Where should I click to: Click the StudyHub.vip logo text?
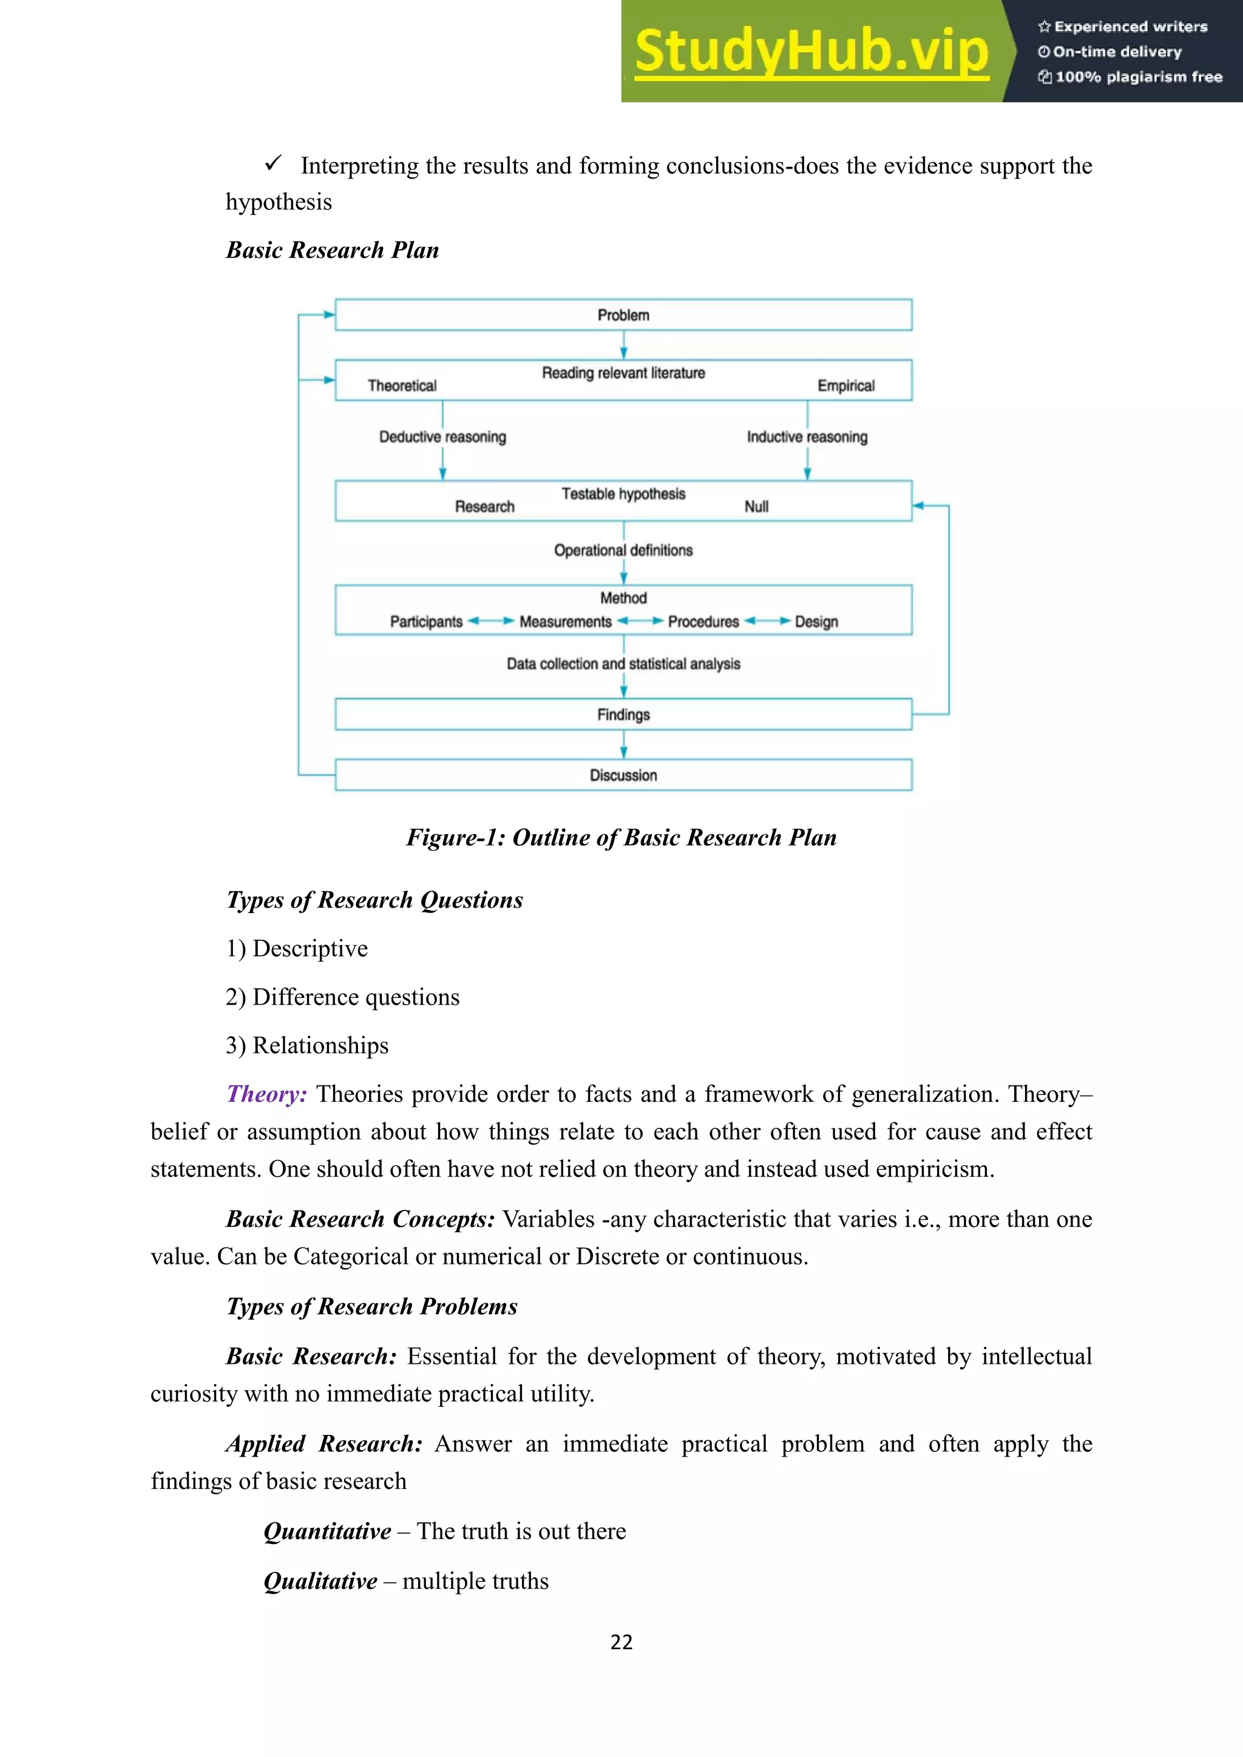[811, 52]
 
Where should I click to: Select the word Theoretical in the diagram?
[402, 386]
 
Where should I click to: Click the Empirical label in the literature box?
[845, 386]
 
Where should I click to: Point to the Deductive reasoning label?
[442, 437]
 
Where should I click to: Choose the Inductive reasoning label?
[807, 437]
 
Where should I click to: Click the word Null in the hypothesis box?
[756, 507]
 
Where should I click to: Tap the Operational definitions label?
[623, 550]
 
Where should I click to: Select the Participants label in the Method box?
[426, 621]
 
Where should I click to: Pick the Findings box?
[623, 715]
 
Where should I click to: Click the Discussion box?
[623, 775]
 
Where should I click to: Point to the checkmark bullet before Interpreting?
[273, 164]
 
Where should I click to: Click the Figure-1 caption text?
[621, 837]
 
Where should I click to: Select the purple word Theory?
[266, 1093]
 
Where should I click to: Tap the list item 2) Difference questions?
[342, 997]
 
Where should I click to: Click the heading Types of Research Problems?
[372, 1306]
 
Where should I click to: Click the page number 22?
[621, 1642]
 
